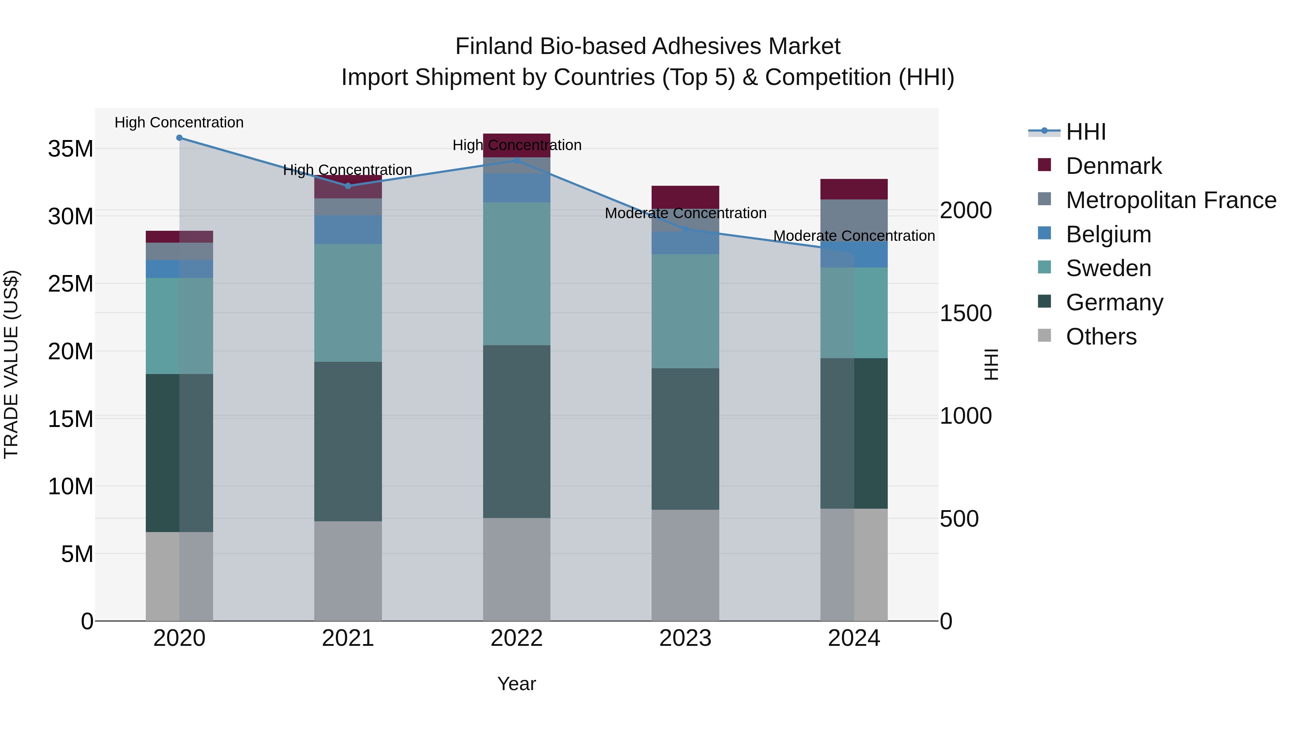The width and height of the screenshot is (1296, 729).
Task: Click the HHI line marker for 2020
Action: (179, 138)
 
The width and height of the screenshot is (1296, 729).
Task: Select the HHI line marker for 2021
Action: (348, 186)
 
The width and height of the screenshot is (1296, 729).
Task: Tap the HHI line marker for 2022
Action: (517, 161)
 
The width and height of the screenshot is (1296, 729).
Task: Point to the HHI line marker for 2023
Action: (685, 229)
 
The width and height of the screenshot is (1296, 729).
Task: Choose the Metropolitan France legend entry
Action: (1170, 200)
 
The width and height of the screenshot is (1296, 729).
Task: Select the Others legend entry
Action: (1101, 337)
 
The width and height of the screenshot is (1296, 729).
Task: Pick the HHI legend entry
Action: (1086, 132)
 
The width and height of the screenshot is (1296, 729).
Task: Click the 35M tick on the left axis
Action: (71, 149)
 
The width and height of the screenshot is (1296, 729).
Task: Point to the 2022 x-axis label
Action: (517, 638)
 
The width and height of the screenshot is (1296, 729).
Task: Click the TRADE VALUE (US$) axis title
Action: (11, 364)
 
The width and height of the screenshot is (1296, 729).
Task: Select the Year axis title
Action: (517, 684)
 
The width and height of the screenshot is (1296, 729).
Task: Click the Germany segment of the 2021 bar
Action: (348, 441)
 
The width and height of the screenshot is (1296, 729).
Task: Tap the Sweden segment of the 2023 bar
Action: (685, 311)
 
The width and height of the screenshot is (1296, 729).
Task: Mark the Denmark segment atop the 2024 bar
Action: (854, 189)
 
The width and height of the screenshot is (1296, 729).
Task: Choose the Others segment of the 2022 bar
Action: (517, 569)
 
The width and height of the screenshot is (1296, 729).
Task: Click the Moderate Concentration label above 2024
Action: (854, 235)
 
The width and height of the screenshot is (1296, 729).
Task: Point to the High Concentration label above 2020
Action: (179, 122)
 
